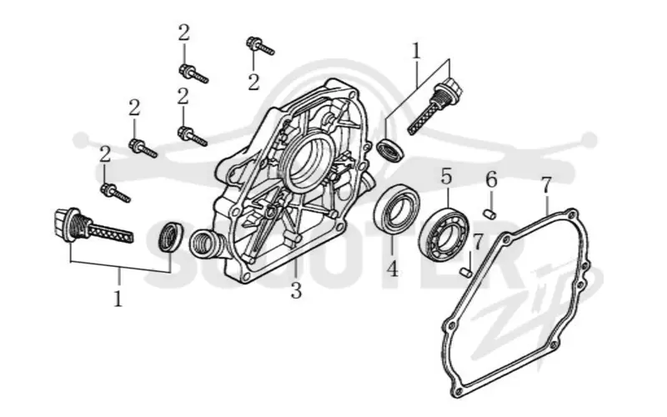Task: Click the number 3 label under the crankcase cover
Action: tap(296, 290)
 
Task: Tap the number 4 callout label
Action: tap(392, 268)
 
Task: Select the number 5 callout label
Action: tap(446, 176)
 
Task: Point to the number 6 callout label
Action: tap(491, 179)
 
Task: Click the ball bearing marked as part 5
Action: tap(444, 234)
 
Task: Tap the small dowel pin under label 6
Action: tap(490, 214)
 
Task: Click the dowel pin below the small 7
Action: tap(466, 271)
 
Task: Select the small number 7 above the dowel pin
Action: tap(478, 243)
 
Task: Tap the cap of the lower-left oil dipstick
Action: tap(68, 224)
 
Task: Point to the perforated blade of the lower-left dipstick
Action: tap(112, 234)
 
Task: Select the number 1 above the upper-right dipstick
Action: tap(416, 52)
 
